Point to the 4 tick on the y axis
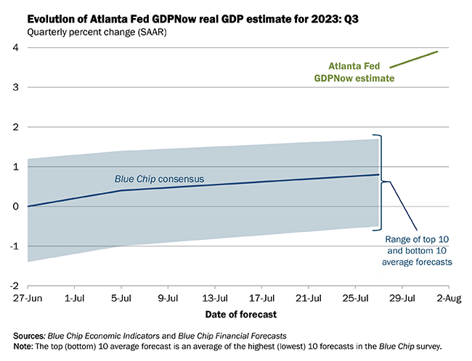click(14, 48)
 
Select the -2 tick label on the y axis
click(12, 286)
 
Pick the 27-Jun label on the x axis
click(28, 298)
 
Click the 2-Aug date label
click(448, 298)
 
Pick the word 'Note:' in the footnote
click(25, 346)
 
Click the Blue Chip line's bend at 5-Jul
click(121, 191)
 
